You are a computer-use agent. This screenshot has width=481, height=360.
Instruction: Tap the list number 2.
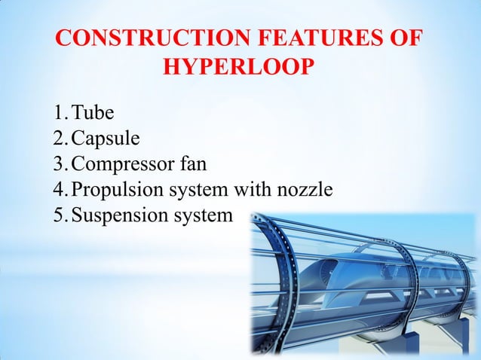point(59,139)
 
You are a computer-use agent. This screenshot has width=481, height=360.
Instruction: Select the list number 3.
point(59,165)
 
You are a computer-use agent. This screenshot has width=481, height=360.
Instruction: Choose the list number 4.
point(59,190)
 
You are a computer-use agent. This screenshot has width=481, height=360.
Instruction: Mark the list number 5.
point(59,215)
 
